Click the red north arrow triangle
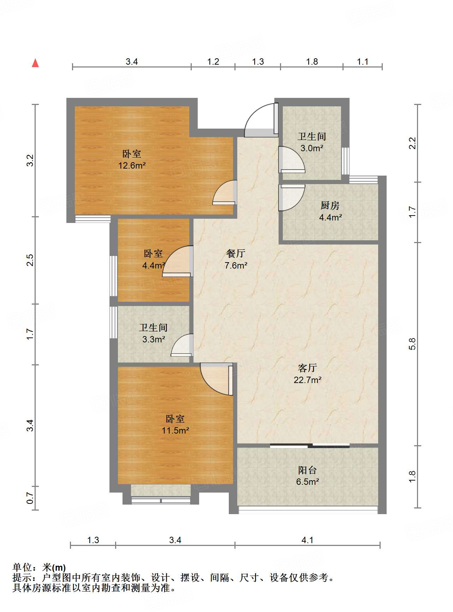(x=35, y=63)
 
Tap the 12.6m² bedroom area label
(x=132, y=165)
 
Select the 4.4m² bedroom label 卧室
(x=153, y=254)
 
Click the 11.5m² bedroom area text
(x=175, y=430)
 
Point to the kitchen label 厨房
(x=330, y=205)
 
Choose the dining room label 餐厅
(x=236, y=253)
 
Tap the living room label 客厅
(x=308, y=368)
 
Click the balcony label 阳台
(x=308, y=470)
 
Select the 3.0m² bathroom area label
(x=312, y=148)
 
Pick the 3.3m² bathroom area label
(x=154, y=340)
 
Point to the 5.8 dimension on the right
(x=412, y=344)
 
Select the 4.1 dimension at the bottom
(x=308, y=540)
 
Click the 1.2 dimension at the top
(x=213, y=62)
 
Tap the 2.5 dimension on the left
(x=30, y=260)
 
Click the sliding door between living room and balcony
(x=310, y=446)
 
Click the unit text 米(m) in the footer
(x=54, y=567)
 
